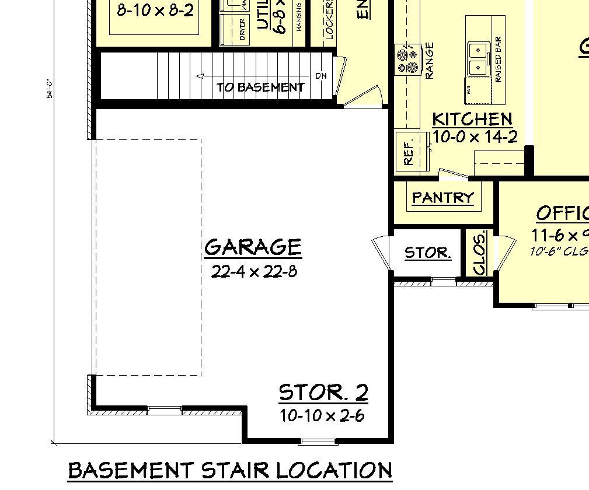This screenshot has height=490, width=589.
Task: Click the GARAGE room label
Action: (x=253, y=247)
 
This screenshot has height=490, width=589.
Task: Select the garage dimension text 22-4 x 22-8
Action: (x=254, y=271)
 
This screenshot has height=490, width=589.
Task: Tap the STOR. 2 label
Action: (x=323, y=393)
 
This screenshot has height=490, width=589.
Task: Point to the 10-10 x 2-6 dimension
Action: (x=322, y=416)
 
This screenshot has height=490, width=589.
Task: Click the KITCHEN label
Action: (x=472, y=120)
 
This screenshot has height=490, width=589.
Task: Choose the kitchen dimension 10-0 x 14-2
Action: (x=475, y=138)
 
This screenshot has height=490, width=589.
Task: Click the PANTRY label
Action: (x=442, y=198)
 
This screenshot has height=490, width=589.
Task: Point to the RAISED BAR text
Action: (x=499, y=61)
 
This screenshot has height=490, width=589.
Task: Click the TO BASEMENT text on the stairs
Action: (x=261, y=87)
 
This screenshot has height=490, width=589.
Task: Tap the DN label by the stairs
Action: (x=321, y=76)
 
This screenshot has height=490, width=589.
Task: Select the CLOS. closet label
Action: (x=480, y=254)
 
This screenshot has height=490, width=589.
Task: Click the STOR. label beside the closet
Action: (x=427, y=253)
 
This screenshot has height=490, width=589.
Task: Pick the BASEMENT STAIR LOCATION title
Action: (x=230, y=470)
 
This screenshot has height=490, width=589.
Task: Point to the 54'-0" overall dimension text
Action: (x=50, y=88)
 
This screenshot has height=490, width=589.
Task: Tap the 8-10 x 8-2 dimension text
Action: (x=155, y=10)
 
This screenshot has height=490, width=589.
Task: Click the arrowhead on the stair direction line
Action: (x=200, y=76)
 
